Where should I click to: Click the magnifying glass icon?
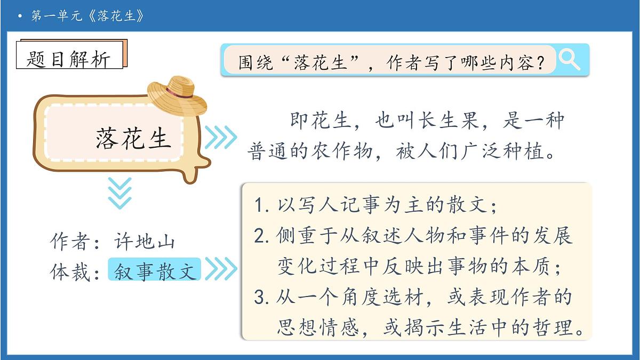pos(569,59)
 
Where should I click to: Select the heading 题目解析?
pos(69,59)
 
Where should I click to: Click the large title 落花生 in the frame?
pos(133,138)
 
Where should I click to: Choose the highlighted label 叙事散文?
pos(155,270)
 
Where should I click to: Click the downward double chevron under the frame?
pos(119,193)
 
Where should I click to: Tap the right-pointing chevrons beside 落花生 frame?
pos(220,137)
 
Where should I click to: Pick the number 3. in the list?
pos(261,298)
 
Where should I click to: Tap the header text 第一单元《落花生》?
pos(88,16)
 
